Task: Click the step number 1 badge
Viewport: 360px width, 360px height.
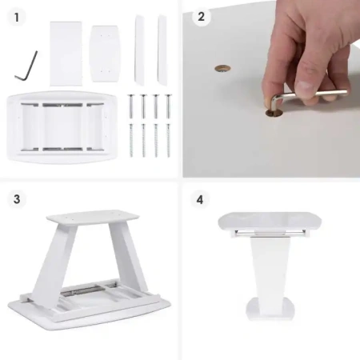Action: (x=17, y=18)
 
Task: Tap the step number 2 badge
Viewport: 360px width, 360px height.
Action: (x=202, y=17)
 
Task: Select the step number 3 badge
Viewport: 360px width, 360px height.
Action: (x=17, y=199)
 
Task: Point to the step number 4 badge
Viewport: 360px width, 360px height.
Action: (x=200, y=199)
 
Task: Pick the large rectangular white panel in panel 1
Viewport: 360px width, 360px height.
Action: (x=66, y=54)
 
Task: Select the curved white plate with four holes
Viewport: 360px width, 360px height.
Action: (x=105, y=54)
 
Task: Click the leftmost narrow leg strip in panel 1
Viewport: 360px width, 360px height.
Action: (x=139, y=50)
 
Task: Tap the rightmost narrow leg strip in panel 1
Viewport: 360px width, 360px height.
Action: (x=162, y=50)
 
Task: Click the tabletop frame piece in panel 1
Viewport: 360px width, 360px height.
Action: (x=62, y=126)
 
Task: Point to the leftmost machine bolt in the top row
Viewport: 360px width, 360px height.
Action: (x=130, y=106)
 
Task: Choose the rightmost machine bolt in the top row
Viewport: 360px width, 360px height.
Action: (x=168, y=106)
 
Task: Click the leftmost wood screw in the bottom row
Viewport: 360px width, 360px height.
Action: (x=131, y=140)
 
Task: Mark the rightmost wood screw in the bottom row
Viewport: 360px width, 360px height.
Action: (x=168, y=140)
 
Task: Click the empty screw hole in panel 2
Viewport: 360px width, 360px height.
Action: (x=222, y=69)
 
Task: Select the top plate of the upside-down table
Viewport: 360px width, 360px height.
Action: (x=94, y=217)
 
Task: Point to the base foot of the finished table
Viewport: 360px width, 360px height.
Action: (x=270, y=310)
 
